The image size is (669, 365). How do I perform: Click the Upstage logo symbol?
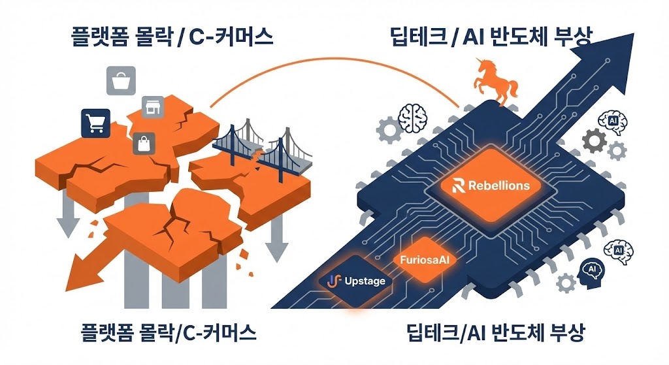[x=334, y=281]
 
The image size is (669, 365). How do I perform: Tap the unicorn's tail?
[x=514, y=86]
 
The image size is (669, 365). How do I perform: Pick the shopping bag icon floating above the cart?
[x=121, y=81]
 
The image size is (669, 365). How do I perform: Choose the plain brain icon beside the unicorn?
[x=414, y=118]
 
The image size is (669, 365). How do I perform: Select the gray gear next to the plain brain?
[x=391, y=131]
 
